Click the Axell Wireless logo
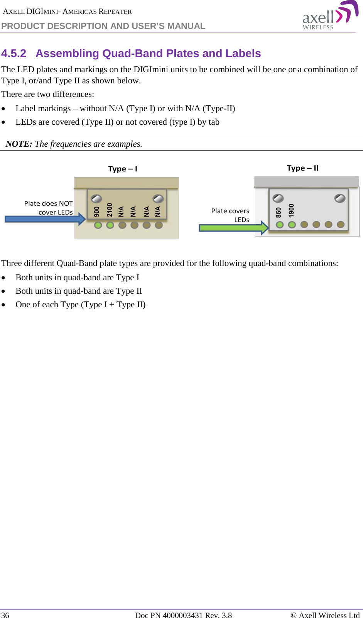tap(330, 16)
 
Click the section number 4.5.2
tap(14, 53)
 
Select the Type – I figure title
tap(122, 169)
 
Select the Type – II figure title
tap(302, 168)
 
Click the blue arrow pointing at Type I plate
tap(44, 219)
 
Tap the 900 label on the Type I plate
tap(97, 211)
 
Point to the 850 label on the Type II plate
tap(279, 212)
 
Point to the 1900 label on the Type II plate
tap(291, 210)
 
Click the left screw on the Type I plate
tap(96, 198)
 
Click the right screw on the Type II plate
tap(340, 198)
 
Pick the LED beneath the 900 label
tap(98, 225)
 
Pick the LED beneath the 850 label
tap(280, 225)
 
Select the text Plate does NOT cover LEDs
tap(49, 208)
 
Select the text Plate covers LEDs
tap(230, 215)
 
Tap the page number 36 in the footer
tap(5, 615)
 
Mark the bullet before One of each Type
tap(3, 305)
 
